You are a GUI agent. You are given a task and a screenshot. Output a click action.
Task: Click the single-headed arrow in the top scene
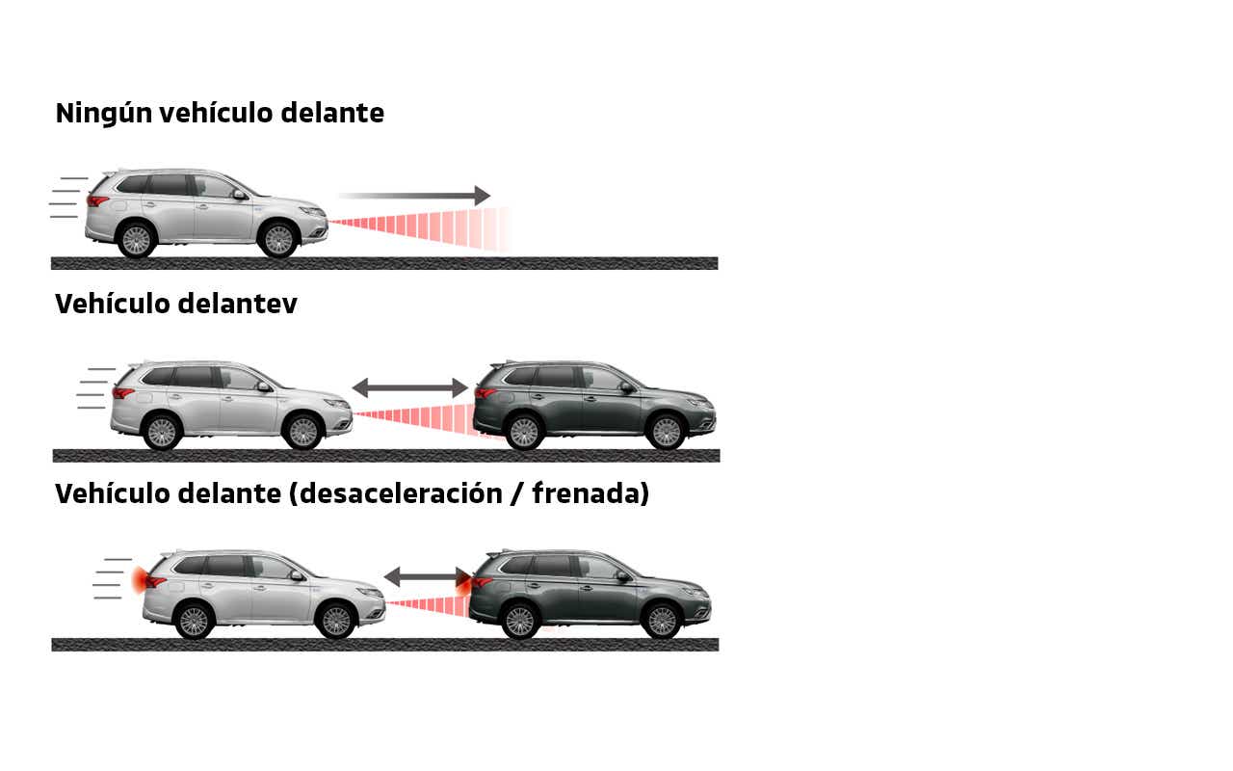click(414, 196)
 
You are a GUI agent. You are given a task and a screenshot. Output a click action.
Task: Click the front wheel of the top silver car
click(278, 240)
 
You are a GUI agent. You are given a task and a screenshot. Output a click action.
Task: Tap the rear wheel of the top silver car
click(136, 240)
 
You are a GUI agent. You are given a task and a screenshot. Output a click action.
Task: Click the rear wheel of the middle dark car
click(524, 432)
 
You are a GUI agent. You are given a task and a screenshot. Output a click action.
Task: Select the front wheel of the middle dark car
click(667, 432)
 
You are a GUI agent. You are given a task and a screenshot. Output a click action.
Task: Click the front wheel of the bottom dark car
click(662, 621)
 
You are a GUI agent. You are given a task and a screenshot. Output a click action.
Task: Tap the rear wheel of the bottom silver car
click(194, 621)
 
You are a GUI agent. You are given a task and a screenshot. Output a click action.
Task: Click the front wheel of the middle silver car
click(303, 432)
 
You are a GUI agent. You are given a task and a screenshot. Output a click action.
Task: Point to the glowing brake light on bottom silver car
click(142, 578)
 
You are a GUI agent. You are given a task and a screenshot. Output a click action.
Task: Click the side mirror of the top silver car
click(238, 195)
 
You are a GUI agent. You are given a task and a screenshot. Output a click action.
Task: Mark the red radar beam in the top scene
click(424, 228)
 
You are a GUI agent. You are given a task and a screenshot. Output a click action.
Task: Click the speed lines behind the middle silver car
click(94, 388)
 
